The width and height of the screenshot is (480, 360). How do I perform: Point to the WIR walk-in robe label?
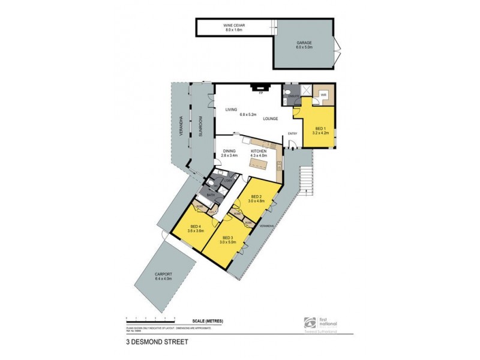click(322, 95)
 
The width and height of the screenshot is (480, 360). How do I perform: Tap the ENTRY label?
click(293, 133)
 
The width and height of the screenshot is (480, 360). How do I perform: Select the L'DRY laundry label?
click(227, 181)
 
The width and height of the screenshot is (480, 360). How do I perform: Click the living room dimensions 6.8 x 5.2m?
click(248, 114)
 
